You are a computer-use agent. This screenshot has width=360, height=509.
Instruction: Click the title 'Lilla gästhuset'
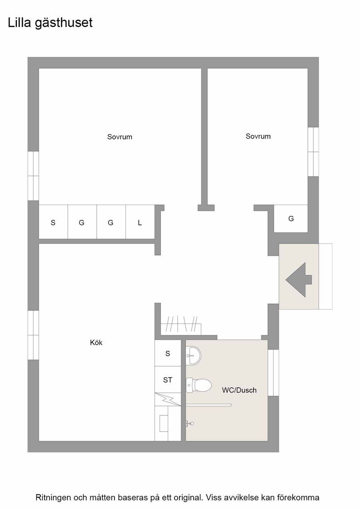pyautogui.click(x=50, y=23)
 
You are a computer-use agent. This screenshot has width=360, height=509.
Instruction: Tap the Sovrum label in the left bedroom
pyautogui.click(x=120, y=137)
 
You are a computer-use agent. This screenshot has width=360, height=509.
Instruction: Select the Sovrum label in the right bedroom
pyautogui.click(x=258, y=136)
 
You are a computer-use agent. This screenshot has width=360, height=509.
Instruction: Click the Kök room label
pyautogui.click(x=96, y=343)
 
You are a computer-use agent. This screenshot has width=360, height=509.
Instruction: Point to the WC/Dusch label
pyautogui.click(x=239, y=390)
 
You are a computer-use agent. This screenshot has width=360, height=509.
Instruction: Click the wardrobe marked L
pyautogui.click(x=140, y=223)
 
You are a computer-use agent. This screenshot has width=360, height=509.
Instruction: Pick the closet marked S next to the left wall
pyautogui.click(x=53, y=223)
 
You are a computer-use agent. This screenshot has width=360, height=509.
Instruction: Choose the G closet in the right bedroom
pyautogui.click(x=291, y=219)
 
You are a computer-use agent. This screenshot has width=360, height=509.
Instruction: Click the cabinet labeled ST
pyautogui.click(x=168, y=380)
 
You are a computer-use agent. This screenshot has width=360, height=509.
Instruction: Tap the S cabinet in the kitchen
pyautogui.click(x=168, y=354)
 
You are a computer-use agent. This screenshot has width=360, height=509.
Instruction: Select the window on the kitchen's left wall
pyautogui.click(x=33, y=335)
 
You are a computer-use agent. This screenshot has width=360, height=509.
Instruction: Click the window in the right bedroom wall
pyautogui.click(x=313, y=152)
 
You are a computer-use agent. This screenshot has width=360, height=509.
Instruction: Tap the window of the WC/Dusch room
pyautogui.click(x=273, y=373)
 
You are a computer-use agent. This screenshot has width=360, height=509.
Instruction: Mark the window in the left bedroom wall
pyautogui.click(x=33, y=176)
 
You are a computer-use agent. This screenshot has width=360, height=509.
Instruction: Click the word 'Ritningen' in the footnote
pyautogui.click(x=54, y=497)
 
